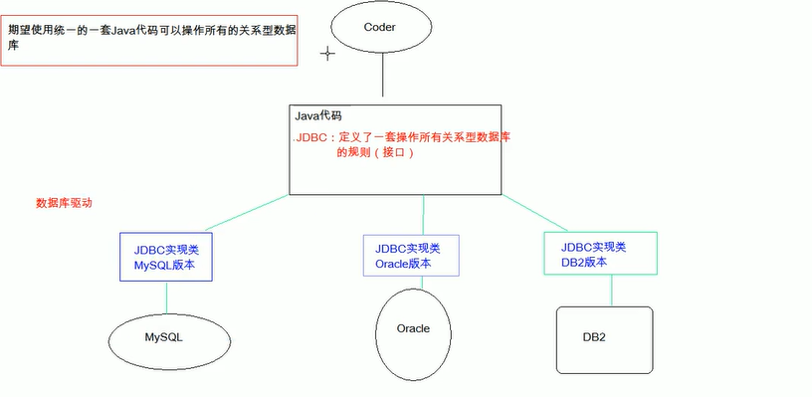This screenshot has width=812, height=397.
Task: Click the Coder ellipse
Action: pyautogui.click(x=381, y=27)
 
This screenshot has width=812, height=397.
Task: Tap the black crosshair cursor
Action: pyautogui.click(x=325, y=53)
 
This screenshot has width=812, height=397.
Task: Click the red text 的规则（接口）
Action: pyautogui.click(x=373, y=154)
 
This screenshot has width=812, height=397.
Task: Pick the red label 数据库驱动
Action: pyautogui.click(x=64, y=202)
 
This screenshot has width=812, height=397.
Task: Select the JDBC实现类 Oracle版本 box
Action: pyautogui.click(x=410, y=256)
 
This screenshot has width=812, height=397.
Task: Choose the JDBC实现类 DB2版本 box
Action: pyautogui.click(x=600, y=253)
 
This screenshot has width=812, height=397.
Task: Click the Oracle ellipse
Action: pyautogui.click(x=413, y=329)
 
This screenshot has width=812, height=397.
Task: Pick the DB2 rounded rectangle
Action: pyautogui.click(x=603, y=338)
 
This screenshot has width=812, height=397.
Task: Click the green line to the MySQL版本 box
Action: pyautogui.click(x=228, y=215)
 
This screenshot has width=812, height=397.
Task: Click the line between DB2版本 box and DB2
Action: pyautogui.click(x=611, y=291)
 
